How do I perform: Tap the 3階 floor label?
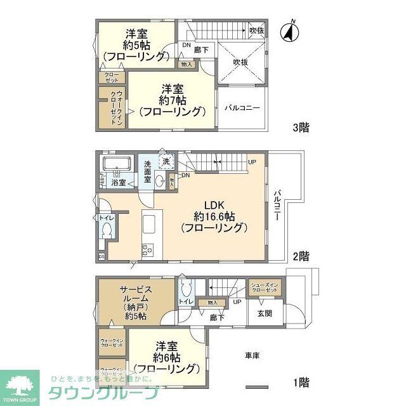click(x=301, y=128)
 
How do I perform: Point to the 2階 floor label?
click(x=301, y=256)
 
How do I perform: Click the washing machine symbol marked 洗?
click(x=166, y=162)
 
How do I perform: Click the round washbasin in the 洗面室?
click(x=158, y=181)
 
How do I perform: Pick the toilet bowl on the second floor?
click(x=106, y=229)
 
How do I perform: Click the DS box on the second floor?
click(x=101, y=256)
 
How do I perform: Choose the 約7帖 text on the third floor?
click(x=173, y=100)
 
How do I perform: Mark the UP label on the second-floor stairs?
click(x=252, y=161)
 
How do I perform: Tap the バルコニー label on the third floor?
click(x=242, y=108)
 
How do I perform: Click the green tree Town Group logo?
click(x=20, y=384)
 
